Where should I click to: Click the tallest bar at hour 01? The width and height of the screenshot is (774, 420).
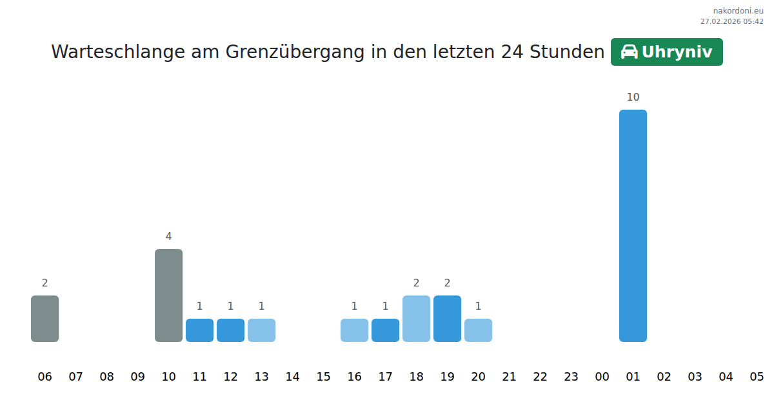tap(633, 225)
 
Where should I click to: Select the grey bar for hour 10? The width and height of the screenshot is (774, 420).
tap(168, 295)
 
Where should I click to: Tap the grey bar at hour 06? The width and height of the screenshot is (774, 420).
tap(45, 318)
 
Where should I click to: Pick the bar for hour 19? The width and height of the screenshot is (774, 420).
tap(447, 318)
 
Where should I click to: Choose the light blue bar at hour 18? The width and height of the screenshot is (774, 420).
tap(416, 318)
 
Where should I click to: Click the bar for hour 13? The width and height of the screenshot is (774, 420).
tap(261, 330)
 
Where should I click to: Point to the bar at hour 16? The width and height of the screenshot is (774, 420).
tap(354, 330)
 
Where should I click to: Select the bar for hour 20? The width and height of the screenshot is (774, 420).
tap(478, 330)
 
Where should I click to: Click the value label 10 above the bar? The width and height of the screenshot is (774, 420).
tap(633, 97)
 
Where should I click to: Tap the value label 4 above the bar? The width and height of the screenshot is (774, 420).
tap(168, 237)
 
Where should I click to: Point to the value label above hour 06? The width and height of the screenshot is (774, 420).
tap(45, 283)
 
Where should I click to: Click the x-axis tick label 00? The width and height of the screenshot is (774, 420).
tap(602, 377)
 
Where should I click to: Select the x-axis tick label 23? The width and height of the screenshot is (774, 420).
tap(571, 377)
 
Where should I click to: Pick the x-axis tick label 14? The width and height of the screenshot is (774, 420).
tap(292, 377)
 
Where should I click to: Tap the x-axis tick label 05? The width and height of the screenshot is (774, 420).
tap(757, 377)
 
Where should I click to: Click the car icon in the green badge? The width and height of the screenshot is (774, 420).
tap(629, 52)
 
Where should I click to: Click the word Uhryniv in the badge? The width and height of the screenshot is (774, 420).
tap(677, 52)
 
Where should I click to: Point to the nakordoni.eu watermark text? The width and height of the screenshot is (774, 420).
tap(738, 11)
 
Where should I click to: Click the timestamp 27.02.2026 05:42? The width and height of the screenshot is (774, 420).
tap(731, 21)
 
